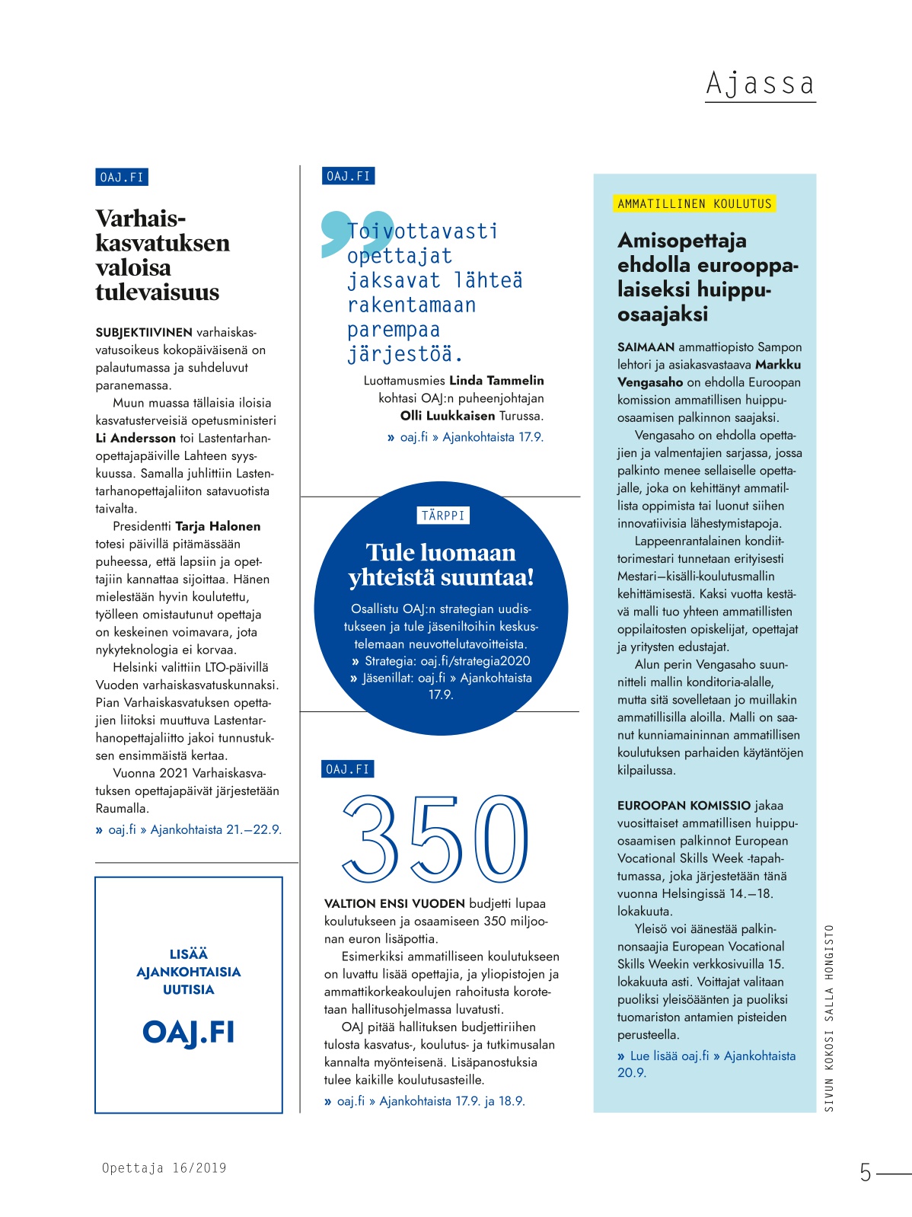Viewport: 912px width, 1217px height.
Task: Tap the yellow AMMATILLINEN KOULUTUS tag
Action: coord(694,204)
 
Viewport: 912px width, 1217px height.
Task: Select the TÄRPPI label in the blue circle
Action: coord(443,516)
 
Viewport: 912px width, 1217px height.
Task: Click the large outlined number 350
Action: coord(436,837)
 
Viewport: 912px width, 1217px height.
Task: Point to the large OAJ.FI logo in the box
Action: coord(189,1033)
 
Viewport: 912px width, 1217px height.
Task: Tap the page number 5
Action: coord(866,1172)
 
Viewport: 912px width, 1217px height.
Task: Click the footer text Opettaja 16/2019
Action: coord(164,1168)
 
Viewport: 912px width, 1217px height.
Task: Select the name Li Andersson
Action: coord(134,438)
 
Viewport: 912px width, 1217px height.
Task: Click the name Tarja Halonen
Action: coord(218,526)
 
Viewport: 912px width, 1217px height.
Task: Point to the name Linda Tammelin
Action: coord(496,381)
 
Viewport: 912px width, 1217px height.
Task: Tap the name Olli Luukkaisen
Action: coord(448,416)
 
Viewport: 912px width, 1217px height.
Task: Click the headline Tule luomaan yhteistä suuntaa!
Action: coord(441,564)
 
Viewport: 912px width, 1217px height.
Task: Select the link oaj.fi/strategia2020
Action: coord(475,661)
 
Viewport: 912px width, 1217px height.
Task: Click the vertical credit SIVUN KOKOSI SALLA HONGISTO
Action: coord(829,1017)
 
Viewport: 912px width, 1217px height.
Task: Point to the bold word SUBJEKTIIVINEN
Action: coord(144,333)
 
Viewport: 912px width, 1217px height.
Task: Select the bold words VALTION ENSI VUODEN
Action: coord(394,904)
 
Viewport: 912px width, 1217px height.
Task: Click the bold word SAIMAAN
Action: coord(646,347)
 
